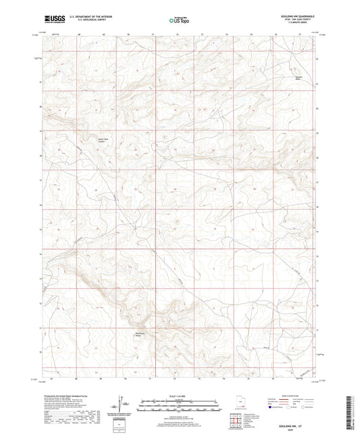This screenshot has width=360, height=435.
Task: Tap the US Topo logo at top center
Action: (x=180, y=20)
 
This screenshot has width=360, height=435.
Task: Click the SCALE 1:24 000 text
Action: (x=180, y=394)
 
